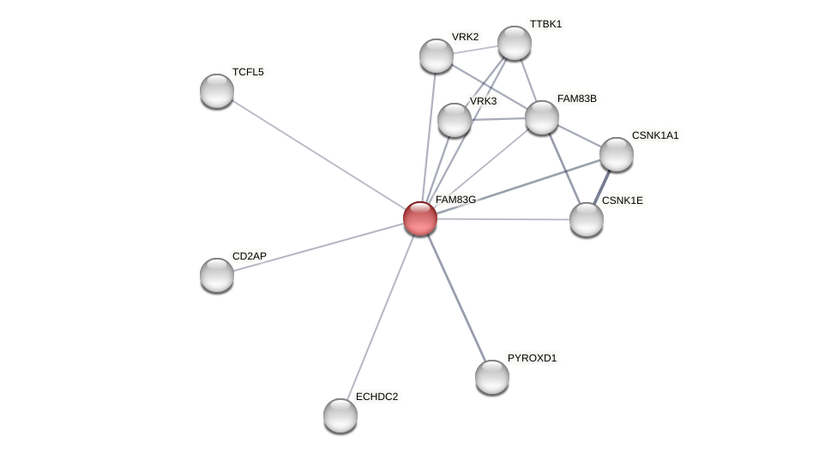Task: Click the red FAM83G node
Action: (420, 218)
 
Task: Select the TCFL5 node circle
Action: (217, 91)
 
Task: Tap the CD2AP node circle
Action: (217, 275)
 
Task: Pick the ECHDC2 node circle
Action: (340, 415)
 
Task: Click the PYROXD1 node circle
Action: (492, 377)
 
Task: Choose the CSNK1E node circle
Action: (587, 219)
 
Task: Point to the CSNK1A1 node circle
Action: (617, 154)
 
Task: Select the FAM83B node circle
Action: (542, 117)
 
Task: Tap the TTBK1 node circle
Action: (515, 43)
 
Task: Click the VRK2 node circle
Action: (437, 56)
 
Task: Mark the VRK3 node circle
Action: (455, 120)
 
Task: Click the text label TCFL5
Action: (248, 72)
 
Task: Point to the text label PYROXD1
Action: (532, 358)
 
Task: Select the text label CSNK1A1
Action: (654, 135)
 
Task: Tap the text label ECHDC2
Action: (376, 397)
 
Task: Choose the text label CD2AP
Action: (250, 256)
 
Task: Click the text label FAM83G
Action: (455, 200)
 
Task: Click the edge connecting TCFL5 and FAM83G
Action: (318, 154)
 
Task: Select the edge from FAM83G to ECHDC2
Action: (380, 317)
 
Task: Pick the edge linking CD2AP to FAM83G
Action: (318, 247)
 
